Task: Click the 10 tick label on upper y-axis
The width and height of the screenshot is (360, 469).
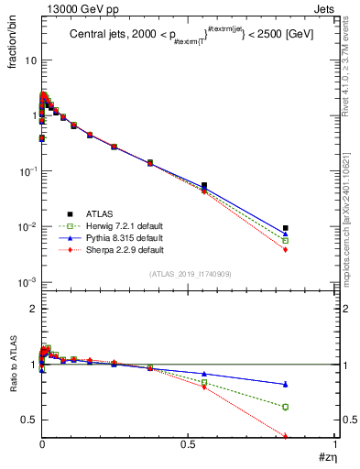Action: pyautogui.click(x=29, y=60)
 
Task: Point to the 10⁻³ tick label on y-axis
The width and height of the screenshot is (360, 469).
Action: pyautogui.click(x=26, y=282)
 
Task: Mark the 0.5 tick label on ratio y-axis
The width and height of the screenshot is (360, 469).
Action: pyautogui.click(x=28, y=420)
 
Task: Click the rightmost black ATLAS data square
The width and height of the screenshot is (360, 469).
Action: pyautogui.click(x=286, y=228)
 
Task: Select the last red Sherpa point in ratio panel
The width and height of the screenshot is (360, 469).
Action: pyautogui.click(x=286, y=436)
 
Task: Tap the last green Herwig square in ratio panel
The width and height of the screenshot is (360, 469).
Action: pyautogui.click(x=286, y=407)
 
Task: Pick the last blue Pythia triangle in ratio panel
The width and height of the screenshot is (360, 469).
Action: pyautogui.click(x=286, y=384)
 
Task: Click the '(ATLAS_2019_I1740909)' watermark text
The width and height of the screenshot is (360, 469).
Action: pyautogui.click(x=190, y=275)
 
